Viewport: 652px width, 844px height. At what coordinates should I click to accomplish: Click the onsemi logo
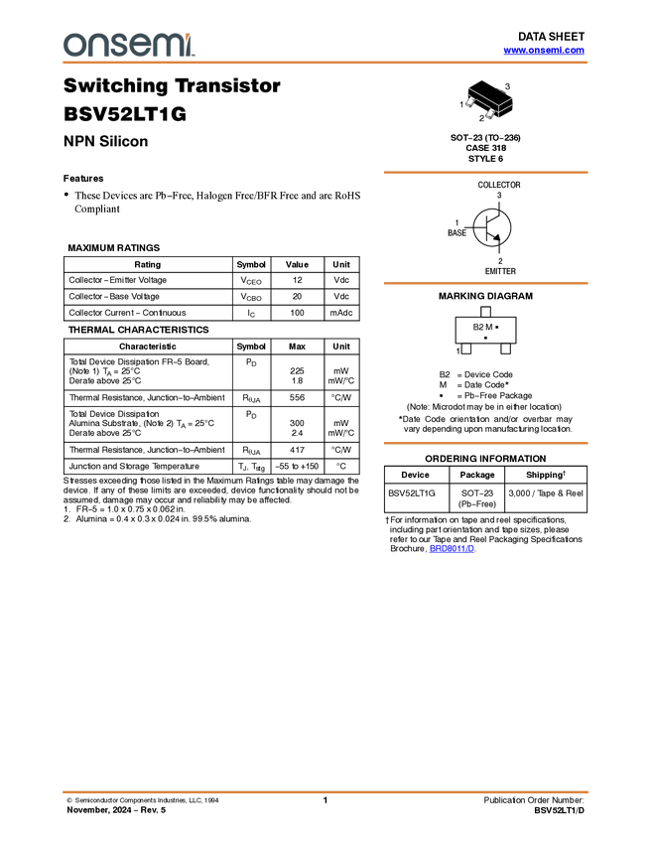[128, 45]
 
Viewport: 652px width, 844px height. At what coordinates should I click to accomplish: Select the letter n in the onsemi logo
[92, 46]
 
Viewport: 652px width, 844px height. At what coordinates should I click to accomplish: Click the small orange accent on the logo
[189, 36]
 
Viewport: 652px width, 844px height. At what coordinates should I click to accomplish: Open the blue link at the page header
[544, 50]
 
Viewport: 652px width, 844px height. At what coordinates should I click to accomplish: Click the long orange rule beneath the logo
[326, 63]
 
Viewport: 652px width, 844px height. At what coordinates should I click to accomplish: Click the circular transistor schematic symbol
[491, 228]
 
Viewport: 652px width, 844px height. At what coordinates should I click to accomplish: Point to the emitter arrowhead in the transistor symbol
[497, 237]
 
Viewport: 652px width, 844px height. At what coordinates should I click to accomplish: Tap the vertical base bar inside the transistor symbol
[487, 228]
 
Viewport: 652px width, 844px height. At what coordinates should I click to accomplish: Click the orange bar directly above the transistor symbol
[485, 173]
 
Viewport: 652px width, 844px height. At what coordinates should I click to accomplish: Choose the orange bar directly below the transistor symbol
[485, 283]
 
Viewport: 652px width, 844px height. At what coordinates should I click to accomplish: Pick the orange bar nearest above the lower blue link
[485, 443]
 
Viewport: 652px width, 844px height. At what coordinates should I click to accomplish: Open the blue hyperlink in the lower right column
[453, 548]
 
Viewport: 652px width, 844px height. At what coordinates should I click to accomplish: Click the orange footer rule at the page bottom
[326, 791]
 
